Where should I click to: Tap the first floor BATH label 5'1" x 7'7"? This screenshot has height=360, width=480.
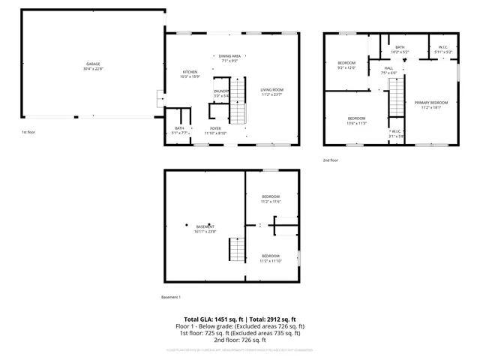click(x=179, y=130)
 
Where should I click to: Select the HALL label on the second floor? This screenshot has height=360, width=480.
click(x=388, y=70)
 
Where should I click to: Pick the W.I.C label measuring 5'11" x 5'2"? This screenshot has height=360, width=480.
click(x=442, y=49)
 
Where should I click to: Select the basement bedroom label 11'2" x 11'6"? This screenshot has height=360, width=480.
click(x=270, y=199)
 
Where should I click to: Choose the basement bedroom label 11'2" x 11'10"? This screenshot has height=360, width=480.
click(x=270, y=257)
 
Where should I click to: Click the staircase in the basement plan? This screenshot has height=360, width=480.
click(x=236, y=248)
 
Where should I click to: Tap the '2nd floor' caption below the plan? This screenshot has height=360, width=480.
click(x=331, y=160)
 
